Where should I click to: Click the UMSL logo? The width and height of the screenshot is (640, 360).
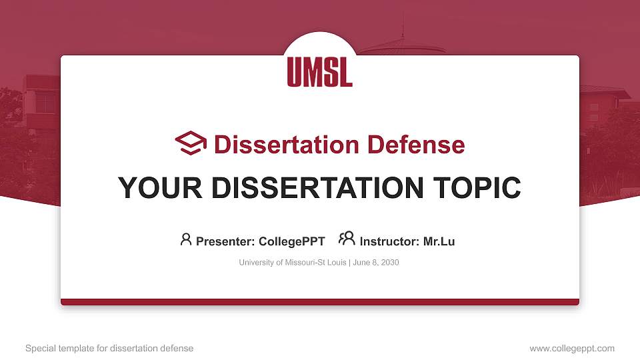tap(320, 71)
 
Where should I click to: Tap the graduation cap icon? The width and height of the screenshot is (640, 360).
tap(191, 143)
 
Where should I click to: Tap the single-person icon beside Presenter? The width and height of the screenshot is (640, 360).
tap(186, 239)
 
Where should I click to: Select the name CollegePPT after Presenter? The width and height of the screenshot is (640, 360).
tap(291, 241)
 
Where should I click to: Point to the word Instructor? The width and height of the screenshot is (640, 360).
tap(389, 241)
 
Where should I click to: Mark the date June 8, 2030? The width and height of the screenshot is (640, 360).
tap(375, 263)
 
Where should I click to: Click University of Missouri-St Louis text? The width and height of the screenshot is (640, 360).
tap(292, 263)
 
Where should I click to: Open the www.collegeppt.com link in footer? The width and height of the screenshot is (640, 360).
tap(572, 348)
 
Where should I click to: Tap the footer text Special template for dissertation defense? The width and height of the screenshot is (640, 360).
tap(109, 348)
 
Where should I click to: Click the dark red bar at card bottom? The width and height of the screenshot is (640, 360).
tap(320, 302)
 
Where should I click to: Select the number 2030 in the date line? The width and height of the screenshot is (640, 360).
tap(389, 263)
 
